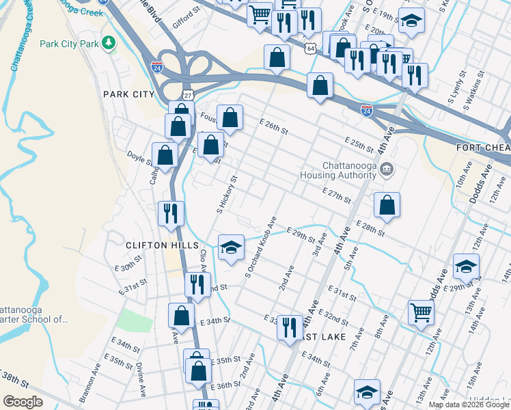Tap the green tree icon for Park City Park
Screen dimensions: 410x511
click(108, 44)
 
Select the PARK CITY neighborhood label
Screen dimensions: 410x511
click(129, 94)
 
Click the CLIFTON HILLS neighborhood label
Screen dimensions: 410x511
click(162, 245)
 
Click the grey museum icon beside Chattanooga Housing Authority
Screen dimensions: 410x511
click(387, 169)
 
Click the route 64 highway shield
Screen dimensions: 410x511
click(312, 49)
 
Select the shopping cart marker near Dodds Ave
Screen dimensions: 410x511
click(422, 312)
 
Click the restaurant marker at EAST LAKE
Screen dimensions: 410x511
click(290, 327)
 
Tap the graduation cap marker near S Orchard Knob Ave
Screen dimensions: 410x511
click(232, 247)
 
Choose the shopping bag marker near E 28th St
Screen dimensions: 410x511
click(387, 204)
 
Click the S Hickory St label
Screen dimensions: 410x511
click(227, 195)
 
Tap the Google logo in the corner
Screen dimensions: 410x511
click(23, 402)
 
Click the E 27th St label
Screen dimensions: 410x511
click(335, 196)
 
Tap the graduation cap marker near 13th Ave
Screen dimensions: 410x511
click(466, 266)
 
